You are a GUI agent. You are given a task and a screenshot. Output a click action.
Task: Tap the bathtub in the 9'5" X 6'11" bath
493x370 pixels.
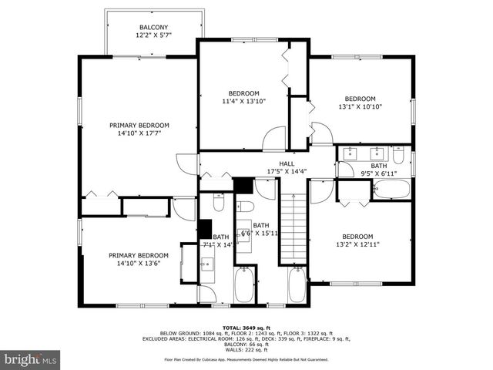(x=391, y=190)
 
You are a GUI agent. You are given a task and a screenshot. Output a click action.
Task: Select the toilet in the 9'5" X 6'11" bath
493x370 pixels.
(x=398, y=156)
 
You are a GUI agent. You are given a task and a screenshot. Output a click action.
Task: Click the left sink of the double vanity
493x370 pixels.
(x=353, y=153)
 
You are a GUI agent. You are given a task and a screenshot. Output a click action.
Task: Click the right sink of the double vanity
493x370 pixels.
(x=377, y=153)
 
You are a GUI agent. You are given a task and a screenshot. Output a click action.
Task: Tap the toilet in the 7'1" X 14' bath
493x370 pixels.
(x=218, y=203)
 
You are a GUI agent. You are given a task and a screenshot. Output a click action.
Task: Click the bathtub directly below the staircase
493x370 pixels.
(x=297, y=286)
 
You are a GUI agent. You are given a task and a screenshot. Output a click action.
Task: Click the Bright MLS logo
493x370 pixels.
(x=31, y=358)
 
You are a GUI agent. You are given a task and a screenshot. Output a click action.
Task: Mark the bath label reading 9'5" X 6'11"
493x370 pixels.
(x=379, y=170)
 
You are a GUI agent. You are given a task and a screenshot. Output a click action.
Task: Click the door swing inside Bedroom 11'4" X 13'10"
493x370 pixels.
(x=274, y=139)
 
